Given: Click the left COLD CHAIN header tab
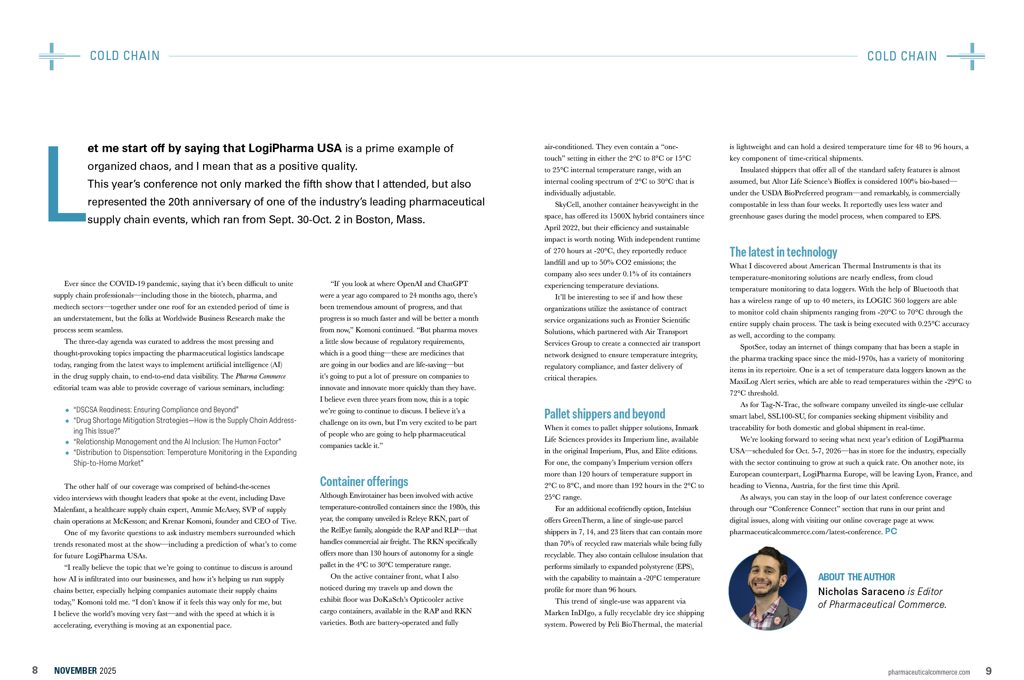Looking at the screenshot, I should click(x=124, y=56).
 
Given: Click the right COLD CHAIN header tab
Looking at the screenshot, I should click(x=902, y=56).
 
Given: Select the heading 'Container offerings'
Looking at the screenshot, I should click(x=364, y=482).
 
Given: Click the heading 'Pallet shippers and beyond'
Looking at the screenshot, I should click(x=604, y=414).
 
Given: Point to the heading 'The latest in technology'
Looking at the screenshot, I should click(x=783, y=252).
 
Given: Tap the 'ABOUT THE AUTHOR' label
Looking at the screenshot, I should click(x=856, y=577).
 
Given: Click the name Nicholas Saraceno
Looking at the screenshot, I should click(x=861, y=591).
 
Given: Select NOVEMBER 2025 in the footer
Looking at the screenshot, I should click(x=85, y=671).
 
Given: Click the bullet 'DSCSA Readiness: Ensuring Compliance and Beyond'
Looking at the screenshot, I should click(x=156, y=410).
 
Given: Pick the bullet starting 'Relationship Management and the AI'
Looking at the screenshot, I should click(x=177, y=442).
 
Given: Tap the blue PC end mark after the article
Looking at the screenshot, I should click(x=891, y=531).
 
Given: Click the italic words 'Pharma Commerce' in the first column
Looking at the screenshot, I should click(x=260, y=376).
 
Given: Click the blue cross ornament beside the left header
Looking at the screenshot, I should click(x=52, y=56).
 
